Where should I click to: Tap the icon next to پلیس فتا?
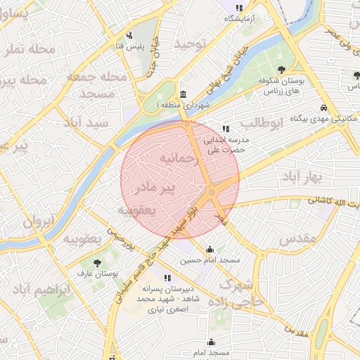[129, 36]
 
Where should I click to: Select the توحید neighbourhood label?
[192, 44]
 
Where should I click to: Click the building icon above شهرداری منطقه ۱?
[184, 95]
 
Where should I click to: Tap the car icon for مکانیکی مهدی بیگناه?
[323, 108]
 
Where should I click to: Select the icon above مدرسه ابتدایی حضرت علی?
[225, 129]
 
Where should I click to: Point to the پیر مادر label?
[167, 188]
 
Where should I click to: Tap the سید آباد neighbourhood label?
[86, 122]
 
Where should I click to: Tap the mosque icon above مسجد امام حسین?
[210, 249]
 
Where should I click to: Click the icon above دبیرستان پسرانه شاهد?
[167, 278]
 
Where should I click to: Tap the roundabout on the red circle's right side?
[212, 192]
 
